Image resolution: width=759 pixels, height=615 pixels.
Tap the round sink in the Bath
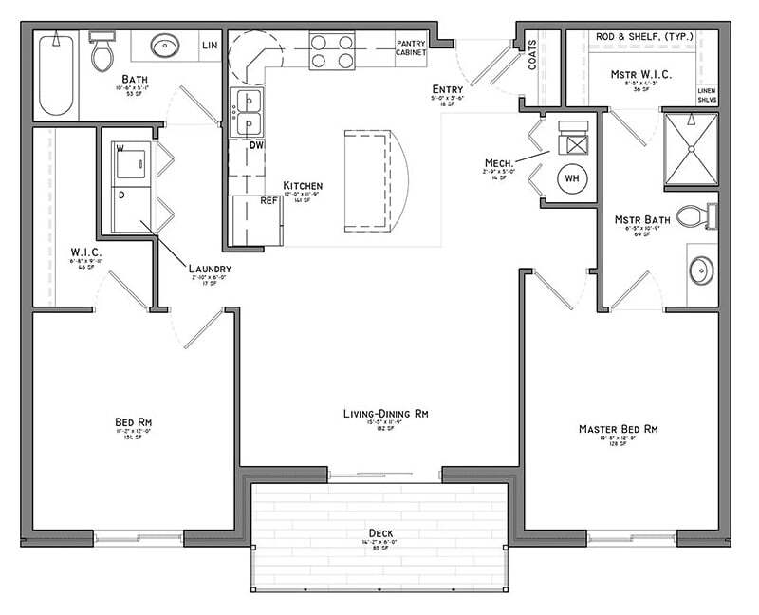point(165,46)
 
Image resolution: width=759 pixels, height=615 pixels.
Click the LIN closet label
point(211,45)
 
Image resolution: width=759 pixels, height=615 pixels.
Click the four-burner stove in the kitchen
point(332,51)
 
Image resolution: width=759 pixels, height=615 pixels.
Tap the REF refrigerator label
point(268,201)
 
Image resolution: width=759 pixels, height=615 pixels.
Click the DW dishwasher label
point(256,146)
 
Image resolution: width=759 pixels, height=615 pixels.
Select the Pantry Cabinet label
point(412,47)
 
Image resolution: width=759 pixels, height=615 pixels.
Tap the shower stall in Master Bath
point(690,149)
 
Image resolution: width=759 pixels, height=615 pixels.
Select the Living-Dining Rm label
point(386,414)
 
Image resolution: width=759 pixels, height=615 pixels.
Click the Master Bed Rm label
point(618,430)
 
